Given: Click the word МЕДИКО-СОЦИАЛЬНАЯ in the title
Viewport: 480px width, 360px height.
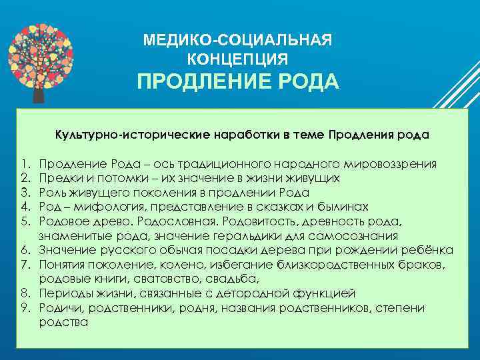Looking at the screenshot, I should point(237,41).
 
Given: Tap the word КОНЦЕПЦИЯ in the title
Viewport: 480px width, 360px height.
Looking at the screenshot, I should point(238,59).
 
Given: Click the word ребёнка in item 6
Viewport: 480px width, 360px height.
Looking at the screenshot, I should point(429,250).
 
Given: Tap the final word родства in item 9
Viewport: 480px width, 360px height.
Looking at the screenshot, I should point(64,321).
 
